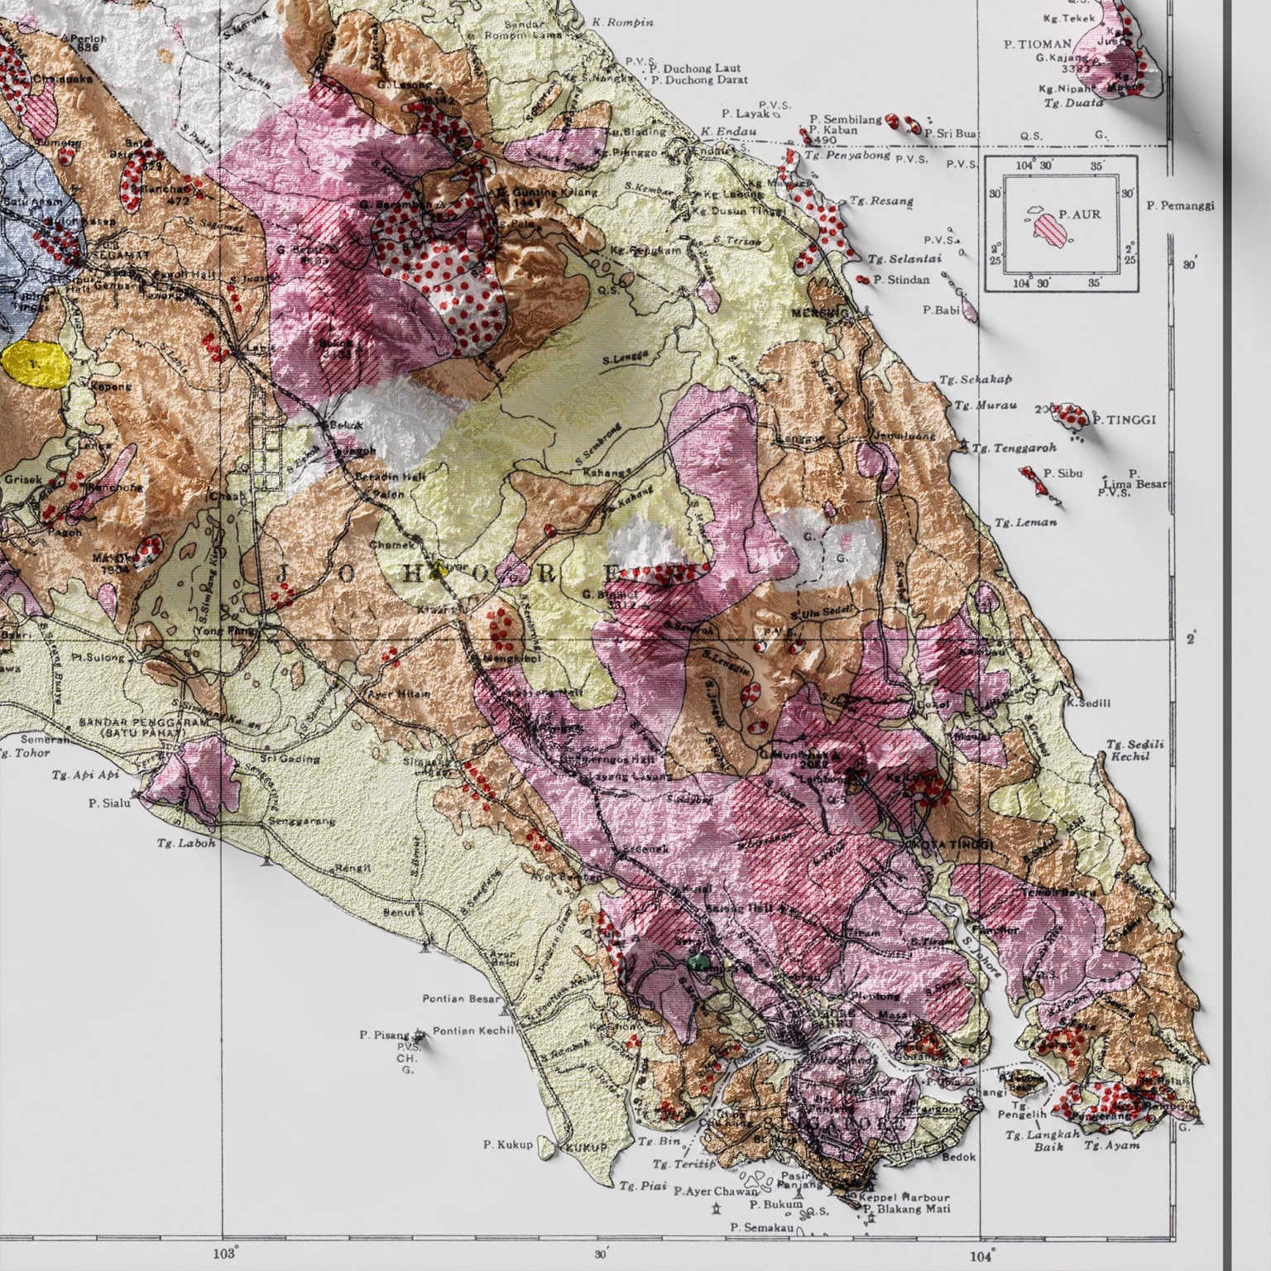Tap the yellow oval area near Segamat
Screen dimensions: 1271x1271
pyautogui.click(x=35, y=363)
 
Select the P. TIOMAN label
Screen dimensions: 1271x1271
pyautogui.click(x=1038, y=44)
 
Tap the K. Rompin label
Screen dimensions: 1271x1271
pyautogui.click(x=617, y=22)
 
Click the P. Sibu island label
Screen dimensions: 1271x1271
pyautogui.click(x=1058, y=474)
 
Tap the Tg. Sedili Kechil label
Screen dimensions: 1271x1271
pyautogui.click(x=1134, y=750)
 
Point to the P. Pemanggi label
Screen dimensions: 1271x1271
pyautogui.click(x=1181, y=205)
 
